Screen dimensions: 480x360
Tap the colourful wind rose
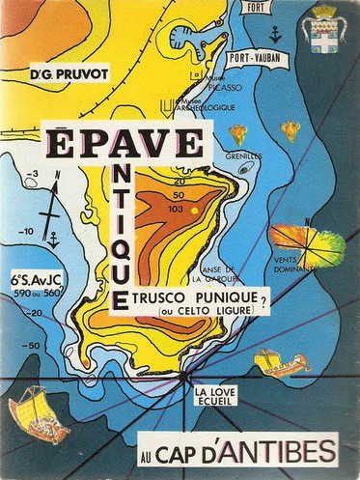pos(306,242)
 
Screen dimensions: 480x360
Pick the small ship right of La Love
pos(281,364)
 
